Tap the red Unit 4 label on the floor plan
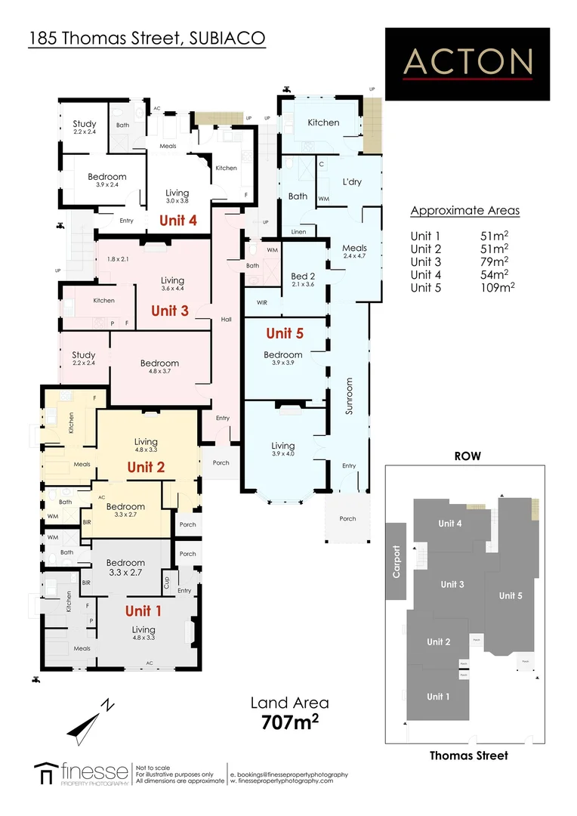coord(178,221)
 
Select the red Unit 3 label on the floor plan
coord(170,311)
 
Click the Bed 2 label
coord(302,277)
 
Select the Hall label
coord(226,320)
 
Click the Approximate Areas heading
coord(464,211)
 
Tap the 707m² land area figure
coord(289,722)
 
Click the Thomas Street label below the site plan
coord(468,755)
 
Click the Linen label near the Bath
coord(299,232)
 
